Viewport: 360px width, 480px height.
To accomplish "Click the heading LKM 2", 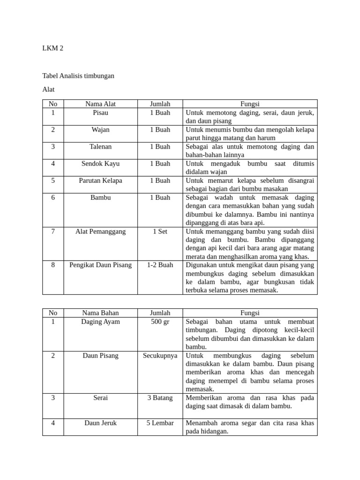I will tap(52, 48).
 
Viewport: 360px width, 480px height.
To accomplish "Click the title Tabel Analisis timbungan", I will tap(78, 75).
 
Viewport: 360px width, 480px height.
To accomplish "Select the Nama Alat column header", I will tap(100, 104).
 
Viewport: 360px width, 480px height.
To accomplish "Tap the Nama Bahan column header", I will tap(100, 313).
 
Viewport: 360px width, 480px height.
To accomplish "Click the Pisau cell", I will tap(100, 112).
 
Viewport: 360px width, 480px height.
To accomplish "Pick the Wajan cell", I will tap(100, 129).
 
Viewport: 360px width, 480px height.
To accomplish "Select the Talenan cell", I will tap(100, 146).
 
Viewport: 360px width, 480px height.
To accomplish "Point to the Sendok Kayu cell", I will tap(100, 163).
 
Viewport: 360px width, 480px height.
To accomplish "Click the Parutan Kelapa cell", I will tap(100, 180).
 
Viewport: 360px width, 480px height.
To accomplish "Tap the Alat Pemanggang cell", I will tap(100, 231).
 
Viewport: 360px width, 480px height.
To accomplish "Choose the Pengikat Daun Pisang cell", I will tap(100, 265).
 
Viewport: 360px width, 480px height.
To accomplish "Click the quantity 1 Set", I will tap(160, 231).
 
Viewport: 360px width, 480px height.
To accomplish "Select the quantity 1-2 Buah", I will tap(160, 265).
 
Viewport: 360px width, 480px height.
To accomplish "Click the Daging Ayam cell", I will tap(100, 322).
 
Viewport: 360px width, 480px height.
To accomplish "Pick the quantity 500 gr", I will tap(160, 322).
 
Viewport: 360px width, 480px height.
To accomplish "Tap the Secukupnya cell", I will tap(160, 355).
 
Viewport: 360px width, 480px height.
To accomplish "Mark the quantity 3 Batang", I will tap(160, 397).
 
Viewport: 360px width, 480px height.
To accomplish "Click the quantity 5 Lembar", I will tap(160, 423).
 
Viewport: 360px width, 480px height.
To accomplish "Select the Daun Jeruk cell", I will tap(100, 423).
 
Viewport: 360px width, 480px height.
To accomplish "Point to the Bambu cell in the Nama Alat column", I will tap(100, 197).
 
